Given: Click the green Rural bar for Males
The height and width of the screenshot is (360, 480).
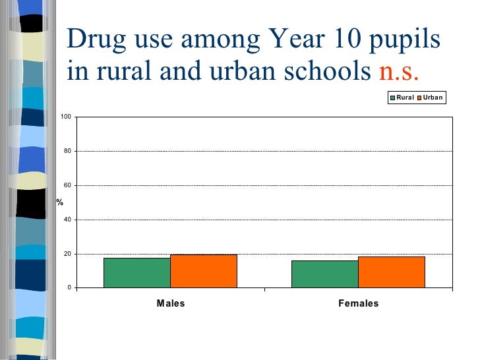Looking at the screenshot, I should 137,272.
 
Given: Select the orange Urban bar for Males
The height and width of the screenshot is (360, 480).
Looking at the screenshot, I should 204,271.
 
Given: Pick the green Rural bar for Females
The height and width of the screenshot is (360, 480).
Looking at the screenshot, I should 325,274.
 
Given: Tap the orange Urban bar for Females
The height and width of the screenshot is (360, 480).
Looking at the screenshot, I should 392,272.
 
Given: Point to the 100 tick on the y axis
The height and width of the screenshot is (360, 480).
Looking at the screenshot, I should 66,117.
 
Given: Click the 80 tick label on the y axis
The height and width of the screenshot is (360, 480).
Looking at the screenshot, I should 67,152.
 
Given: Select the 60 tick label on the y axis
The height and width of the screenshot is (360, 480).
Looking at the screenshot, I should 67,186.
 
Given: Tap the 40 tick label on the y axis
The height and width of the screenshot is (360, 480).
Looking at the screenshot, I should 67,220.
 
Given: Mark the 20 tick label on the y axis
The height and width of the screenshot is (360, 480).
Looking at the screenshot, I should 67,254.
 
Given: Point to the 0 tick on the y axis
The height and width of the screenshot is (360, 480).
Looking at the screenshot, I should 69,288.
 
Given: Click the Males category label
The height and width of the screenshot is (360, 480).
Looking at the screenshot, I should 170,304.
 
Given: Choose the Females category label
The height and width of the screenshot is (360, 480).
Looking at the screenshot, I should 359,304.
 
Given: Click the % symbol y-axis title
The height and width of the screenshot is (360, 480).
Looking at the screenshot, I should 59,202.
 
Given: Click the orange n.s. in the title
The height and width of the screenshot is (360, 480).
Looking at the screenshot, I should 397,71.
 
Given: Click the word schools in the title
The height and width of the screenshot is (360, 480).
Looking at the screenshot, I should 323,71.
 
